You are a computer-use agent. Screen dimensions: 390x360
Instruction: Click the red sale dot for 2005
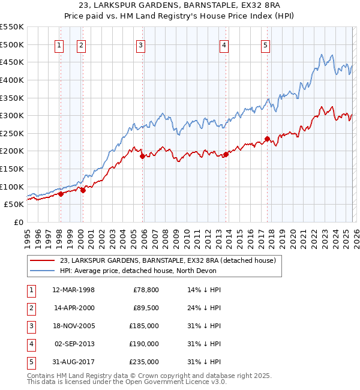pyautogui.click(x=142, y=157)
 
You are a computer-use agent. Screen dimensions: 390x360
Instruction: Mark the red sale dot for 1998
pyautogui.click(x=61, y=194)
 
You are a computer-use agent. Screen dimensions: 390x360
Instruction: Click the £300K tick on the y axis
pyautogui.click(x=11, y=115)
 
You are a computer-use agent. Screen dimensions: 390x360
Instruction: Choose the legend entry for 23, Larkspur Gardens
pyautogui.click(x=167, y=260)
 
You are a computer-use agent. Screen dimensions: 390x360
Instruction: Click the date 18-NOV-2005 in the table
pyautogui.click(x=74, y=326)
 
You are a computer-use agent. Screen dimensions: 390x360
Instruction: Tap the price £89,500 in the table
pyautogui.click(x=146, y=308)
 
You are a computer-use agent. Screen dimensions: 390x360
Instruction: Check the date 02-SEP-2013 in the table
pyautogui.click(x=74, y=344)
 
